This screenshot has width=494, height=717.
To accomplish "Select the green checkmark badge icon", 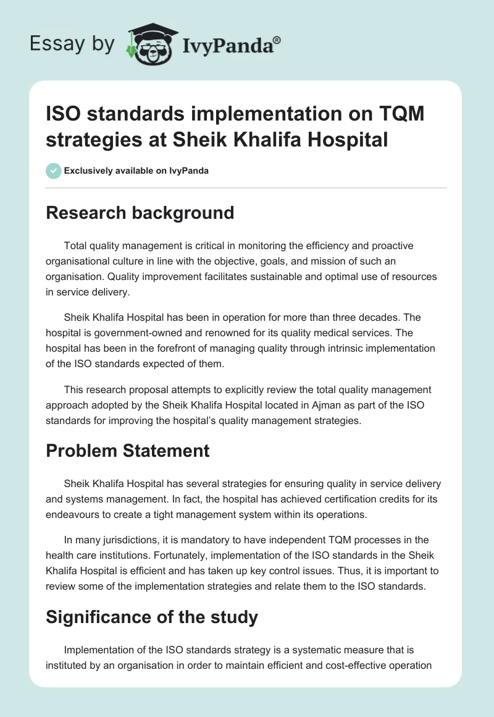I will [x=53, y=171].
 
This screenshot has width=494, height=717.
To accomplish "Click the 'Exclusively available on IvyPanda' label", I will [x=136, y=171].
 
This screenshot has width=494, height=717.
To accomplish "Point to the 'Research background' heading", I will [x=140, y=213].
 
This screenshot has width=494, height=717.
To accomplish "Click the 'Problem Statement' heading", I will [x=128, y=451].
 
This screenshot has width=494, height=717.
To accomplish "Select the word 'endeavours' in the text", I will [x=74, y=513].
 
